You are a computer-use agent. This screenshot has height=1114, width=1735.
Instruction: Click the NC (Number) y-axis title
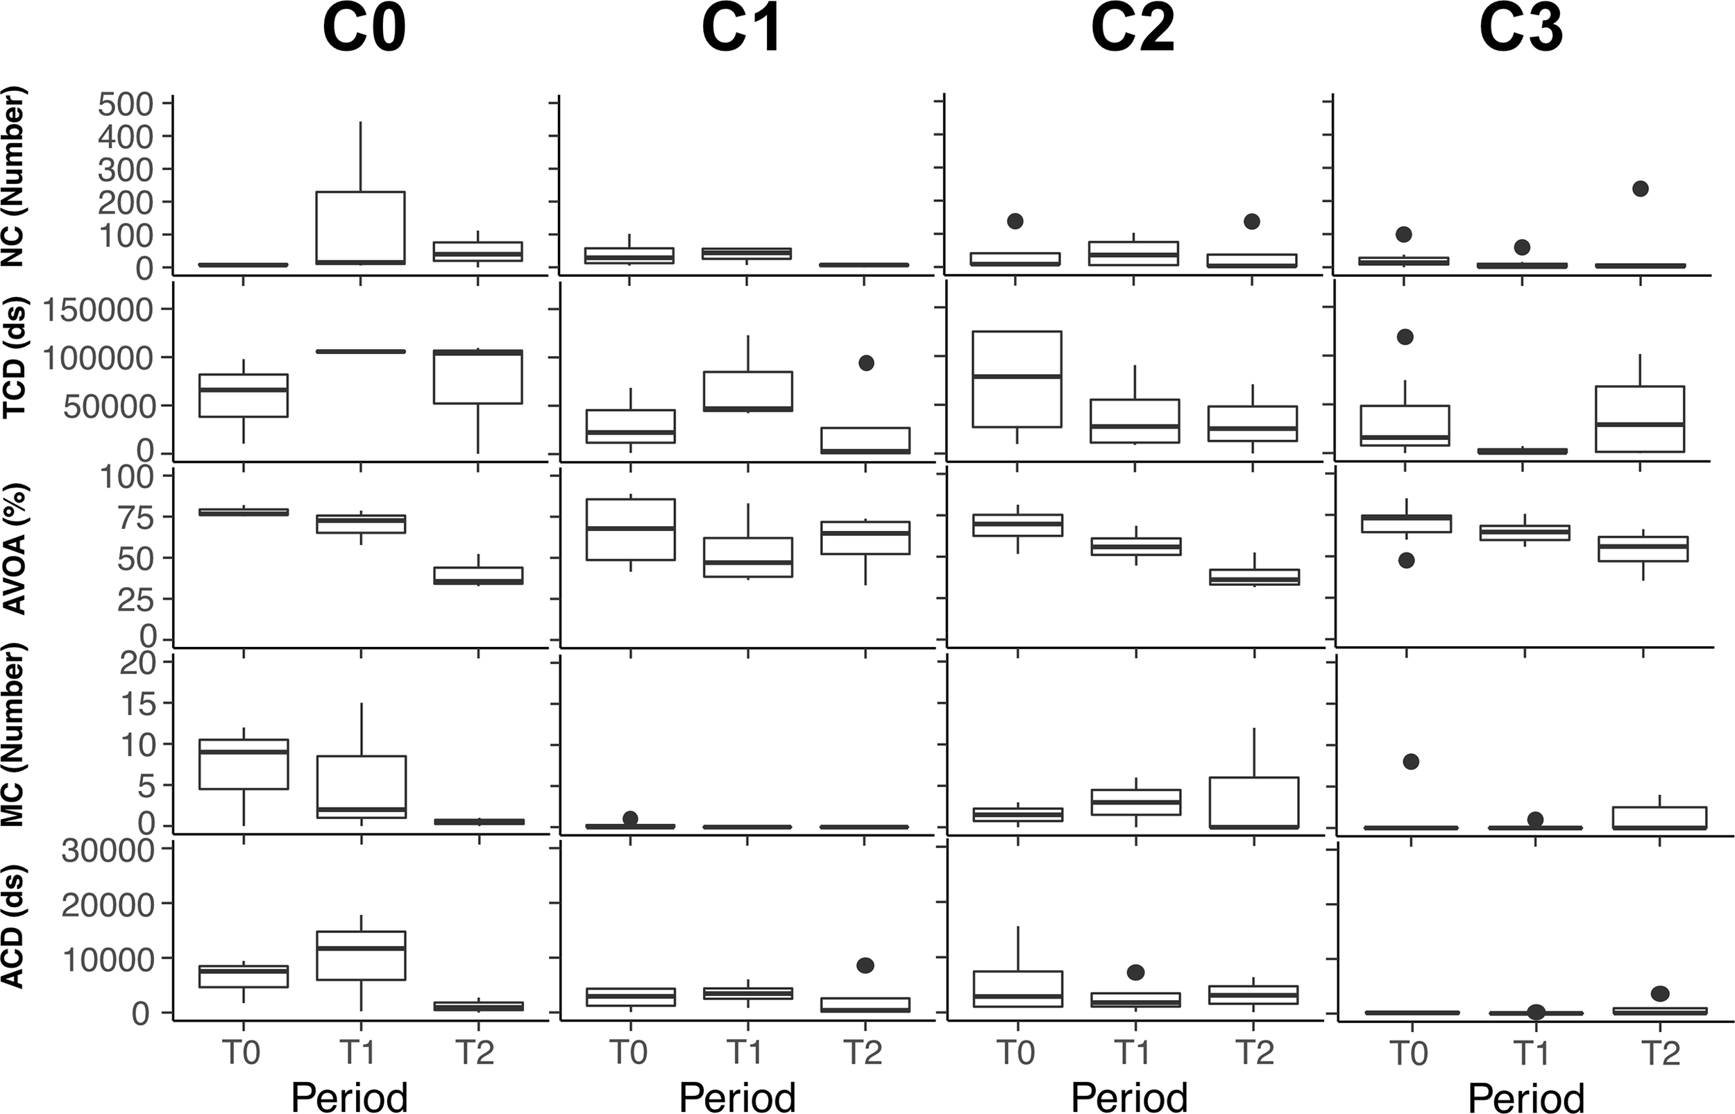tap(15, 177)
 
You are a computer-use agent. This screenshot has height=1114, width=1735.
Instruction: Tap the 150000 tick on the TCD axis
tap(99, 310)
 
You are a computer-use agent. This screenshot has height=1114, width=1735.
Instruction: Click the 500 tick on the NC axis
tap(124, 105)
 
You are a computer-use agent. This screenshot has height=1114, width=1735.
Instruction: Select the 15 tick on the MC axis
tap(137, 704)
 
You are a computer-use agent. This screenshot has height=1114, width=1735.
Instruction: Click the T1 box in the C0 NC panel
tap(360, 227)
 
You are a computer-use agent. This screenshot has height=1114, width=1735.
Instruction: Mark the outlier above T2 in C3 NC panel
tap(1640, 189)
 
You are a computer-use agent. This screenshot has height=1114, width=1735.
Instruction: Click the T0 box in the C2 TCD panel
tap(1017, 379)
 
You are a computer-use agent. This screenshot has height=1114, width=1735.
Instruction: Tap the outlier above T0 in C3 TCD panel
tap(1405, 337)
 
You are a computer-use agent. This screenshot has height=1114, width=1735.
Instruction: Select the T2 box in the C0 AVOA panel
tap(478, 576)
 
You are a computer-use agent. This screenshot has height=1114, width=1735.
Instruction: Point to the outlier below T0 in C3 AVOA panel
tap(1406, 561)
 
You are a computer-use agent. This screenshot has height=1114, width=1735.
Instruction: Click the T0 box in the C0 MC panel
tap(243, 764)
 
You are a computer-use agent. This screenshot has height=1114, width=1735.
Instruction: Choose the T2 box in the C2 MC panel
tap(1253, 802)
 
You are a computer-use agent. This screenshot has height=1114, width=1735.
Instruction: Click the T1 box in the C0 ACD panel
tap(360, 956)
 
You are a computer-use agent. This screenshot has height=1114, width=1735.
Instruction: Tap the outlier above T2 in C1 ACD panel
tap(865, 965)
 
